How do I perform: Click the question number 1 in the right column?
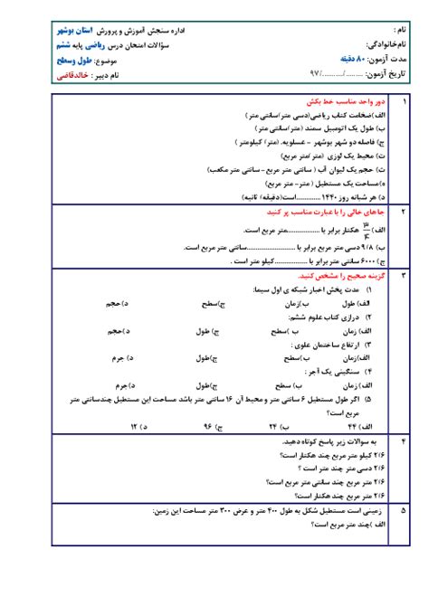[403, 104]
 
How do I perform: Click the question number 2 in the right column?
[403, 210]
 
